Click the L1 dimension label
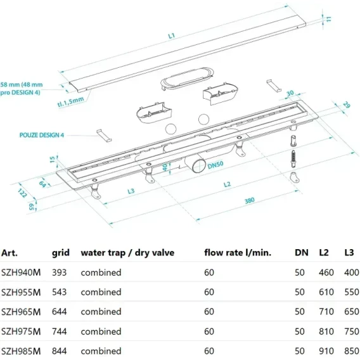point(172,36)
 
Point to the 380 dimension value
point(249,200)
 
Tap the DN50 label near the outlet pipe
point(215,165)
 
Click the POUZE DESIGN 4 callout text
point(42,135)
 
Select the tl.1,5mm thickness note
point(70,101)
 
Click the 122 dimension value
point(22,193)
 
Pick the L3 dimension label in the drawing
point(131,191)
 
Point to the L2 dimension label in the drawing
point(227,184)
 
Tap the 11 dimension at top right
point(329,19)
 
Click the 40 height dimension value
point(165,167)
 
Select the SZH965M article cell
point(21,312)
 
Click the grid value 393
point(59,273)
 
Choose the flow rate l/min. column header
point(238,252)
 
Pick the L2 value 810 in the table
point(326,331)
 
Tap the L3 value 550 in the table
point(352,292)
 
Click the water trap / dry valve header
point(127,253)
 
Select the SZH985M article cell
point(21,351)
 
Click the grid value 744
point(59,331)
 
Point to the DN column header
point(302,252)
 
